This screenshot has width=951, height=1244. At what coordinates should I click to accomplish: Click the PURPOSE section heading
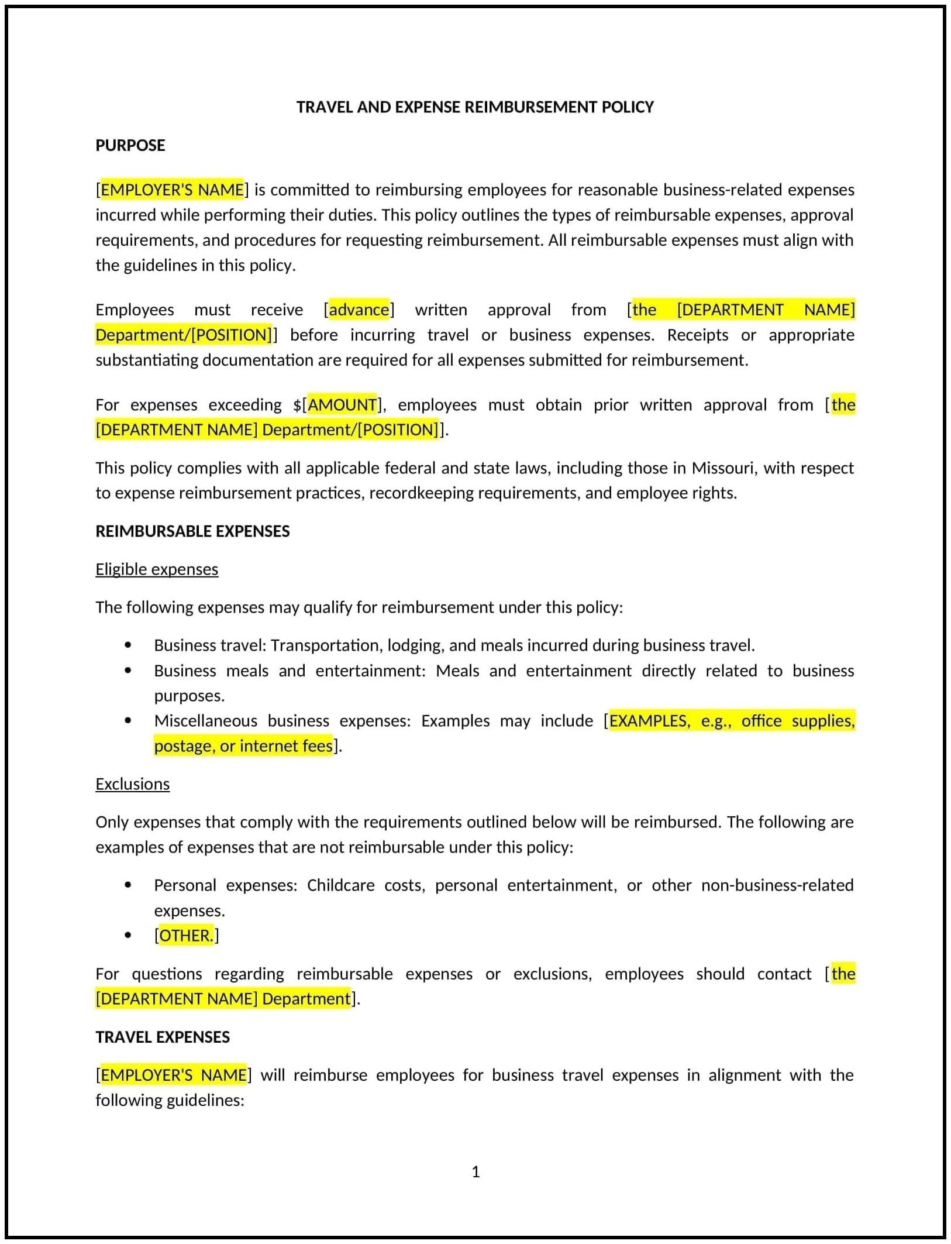pyautogui.click(x=130, y=145)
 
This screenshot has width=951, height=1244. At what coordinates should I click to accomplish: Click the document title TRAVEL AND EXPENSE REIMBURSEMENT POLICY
pyautogui.click(x=475, y=107)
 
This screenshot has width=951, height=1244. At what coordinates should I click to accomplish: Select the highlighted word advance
pyautogui.click(x=359, y=310)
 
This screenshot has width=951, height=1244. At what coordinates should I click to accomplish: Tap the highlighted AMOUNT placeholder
pyautogui.click(x=342, y=405)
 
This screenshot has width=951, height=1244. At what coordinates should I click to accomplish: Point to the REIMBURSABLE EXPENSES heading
pyautogui.click(x=192, y=531)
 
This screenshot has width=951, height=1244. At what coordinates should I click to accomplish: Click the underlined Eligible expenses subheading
pyautogui.click(x=157, y=569)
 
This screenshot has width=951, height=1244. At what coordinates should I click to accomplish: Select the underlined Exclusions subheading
pyautogui.click(x=132, y=784)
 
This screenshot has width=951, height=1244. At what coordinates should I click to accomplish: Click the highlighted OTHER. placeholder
pyautogui.click(x=186, y=936)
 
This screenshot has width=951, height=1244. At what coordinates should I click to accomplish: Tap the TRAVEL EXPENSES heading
pyautogui.click(x=163, y=1037)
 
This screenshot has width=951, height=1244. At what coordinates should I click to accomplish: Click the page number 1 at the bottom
pyautogui.click(x=475, y=1172)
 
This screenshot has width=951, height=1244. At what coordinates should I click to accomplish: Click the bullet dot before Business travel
pyautogui.click(x=128, y=645)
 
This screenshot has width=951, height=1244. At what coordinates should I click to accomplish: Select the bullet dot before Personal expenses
pyautogui.click(x=128, y=885)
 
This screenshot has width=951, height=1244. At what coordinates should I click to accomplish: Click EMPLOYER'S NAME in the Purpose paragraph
pyautogui.click(x=172, y=190)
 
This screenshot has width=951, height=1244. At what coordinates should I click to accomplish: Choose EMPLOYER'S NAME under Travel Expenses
pyautogui.click(x=173, y=1075)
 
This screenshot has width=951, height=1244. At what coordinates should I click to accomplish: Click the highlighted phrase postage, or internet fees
pyautogui.click(x=243, y=746)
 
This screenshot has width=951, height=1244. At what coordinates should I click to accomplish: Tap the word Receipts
pyautogui.click(x=697, y=335)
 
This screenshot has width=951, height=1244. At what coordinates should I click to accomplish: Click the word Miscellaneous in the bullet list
pyautogui.click(x=205, y=721)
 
